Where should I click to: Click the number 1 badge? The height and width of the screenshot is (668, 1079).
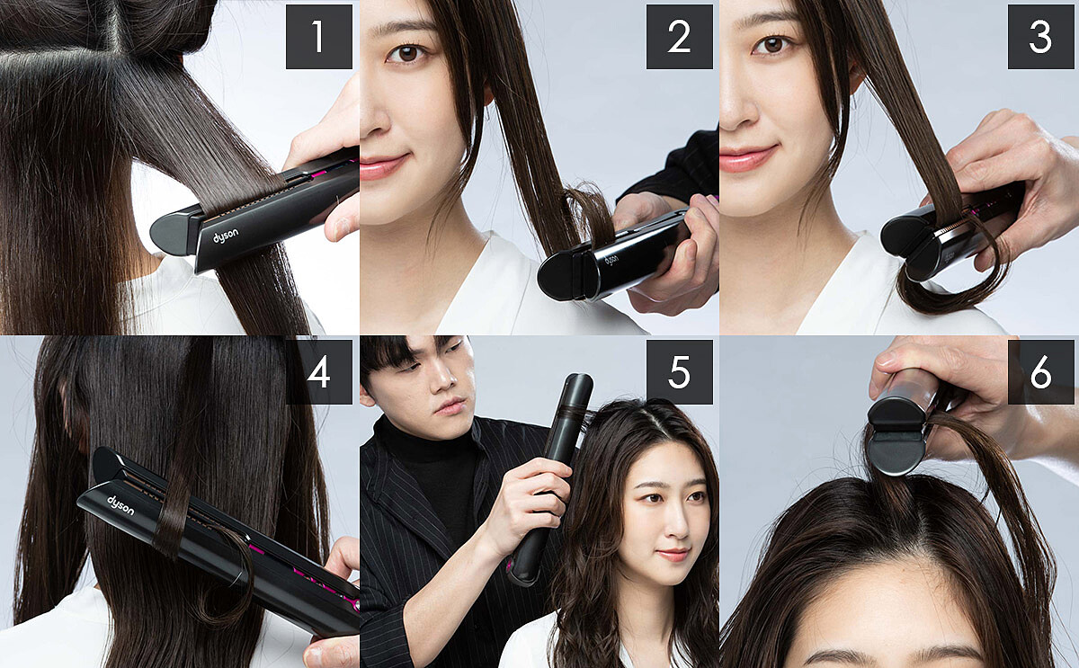319,37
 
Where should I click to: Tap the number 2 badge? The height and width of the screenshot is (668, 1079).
679,37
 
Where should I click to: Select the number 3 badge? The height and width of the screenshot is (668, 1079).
1040,37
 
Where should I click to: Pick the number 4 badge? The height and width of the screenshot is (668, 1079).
319,372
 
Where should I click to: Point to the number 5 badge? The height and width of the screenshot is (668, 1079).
679,372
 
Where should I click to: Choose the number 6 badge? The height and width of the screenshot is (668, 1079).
1040,372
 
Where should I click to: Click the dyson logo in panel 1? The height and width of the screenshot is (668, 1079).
226,236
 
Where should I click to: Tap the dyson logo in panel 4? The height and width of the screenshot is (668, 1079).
120,505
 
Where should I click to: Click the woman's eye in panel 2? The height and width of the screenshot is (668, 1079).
407,53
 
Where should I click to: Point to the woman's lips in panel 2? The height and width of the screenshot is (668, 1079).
383,166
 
